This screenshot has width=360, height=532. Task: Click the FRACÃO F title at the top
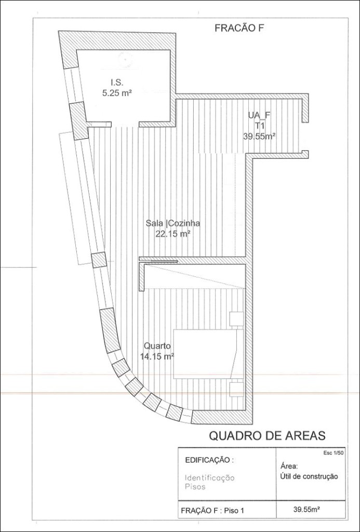[x=239, y=29]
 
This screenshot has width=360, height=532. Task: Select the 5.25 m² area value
[x=117, y=93]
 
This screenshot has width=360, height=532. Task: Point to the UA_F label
[x=259, y=115]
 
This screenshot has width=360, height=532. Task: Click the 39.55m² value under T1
[x=259, y=137]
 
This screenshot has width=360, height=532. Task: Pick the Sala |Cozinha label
[x=173, y=223]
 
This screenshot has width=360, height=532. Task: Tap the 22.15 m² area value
[x=172, y=234]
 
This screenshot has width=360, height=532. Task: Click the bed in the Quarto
[x=208, y=353]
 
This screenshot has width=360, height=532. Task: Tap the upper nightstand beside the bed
[x=236, y=319]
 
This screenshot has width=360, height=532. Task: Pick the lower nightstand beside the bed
[x=236, y=389]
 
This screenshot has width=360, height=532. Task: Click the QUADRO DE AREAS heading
[x=267, y=435]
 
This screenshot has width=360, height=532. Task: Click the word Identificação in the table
[x=210, y=478]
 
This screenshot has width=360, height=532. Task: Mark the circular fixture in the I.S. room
[x=125, y=60]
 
